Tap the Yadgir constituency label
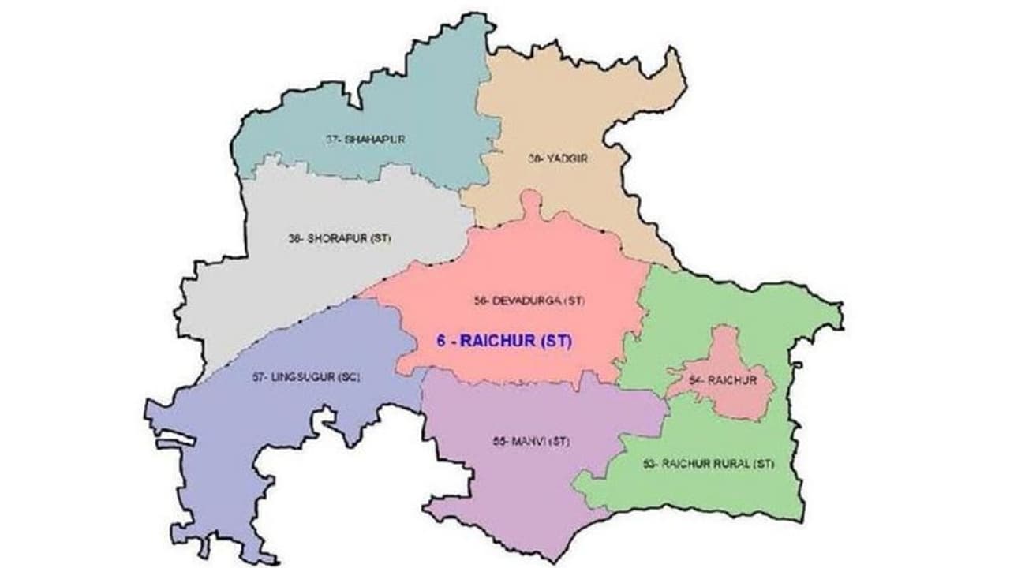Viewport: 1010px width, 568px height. pos(559,158)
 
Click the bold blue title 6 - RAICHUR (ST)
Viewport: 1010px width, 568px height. pos(503,342)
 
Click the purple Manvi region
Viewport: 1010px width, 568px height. pos(513,481)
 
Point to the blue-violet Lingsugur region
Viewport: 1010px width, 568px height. pos(237,442)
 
